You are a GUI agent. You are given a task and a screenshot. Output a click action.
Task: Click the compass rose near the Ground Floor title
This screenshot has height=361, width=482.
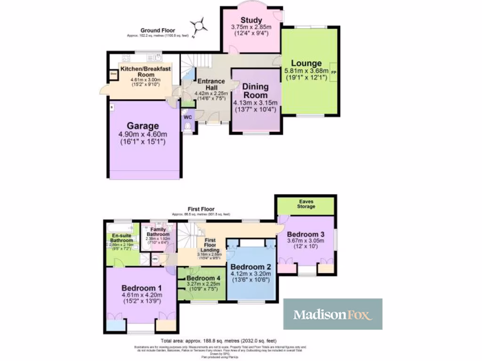tap(201, 25)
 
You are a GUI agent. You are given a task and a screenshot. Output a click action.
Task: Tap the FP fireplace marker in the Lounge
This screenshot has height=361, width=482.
tap(334, 72)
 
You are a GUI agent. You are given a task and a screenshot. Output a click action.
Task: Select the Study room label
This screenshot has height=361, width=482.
tap(251, 20)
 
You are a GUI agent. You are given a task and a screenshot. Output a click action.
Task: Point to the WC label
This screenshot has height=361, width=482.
tap(187, 116)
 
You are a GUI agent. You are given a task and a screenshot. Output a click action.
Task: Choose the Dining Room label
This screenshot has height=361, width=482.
tap(256, 91)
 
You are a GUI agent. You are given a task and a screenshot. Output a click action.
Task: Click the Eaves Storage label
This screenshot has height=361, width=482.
tap(306, 204)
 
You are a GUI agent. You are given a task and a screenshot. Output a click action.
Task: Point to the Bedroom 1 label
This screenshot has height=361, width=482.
tap(142, 288)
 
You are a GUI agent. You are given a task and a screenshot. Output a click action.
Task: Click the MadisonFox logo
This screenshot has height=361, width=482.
tap(332, 314)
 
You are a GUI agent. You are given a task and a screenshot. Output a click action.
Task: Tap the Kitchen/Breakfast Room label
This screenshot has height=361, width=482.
tap(145, 71)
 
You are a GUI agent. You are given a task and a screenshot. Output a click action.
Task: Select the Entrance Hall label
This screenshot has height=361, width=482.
tap(211, 85)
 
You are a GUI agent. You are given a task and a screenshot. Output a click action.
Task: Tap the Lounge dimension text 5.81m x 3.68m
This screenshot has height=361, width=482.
tap(306, 72)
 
